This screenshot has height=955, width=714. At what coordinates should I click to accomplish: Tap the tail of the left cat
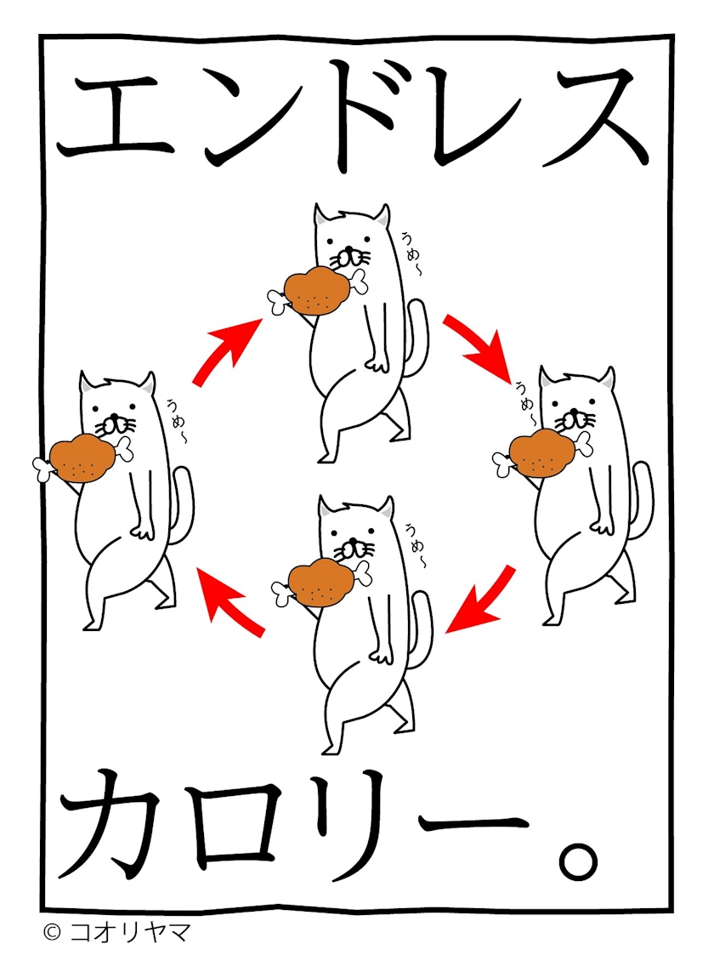coord(184,505)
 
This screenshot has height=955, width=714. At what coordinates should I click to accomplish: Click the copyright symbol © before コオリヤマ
coord(53,932)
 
